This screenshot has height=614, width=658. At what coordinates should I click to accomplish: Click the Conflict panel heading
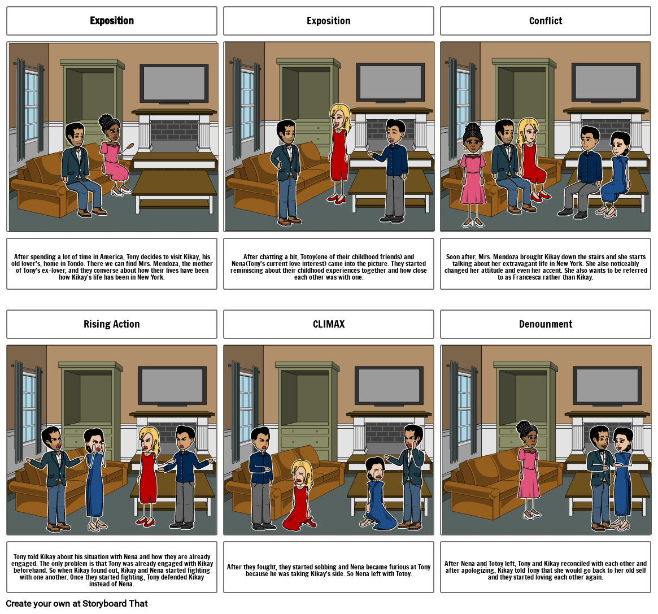pos(545,20)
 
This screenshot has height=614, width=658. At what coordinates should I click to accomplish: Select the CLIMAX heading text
pos(329,324)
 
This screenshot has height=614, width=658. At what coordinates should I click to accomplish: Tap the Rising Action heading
pos(112,324)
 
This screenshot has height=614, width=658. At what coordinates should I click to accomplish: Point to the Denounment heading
pos(546,324)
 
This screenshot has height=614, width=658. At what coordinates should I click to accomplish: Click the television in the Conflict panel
pos(606,82)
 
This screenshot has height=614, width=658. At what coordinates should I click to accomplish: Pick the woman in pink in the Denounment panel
pos(529,469)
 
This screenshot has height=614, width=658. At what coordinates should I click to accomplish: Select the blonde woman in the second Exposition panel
pos(339,154)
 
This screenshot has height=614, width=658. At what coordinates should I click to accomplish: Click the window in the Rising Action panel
pos(30,407)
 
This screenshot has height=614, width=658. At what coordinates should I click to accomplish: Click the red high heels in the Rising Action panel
pos(145,521)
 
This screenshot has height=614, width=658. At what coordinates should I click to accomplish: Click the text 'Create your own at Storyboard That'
pos(77,603)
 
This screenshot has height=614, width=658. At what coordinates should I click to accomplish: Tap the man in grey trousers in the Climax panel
pos(262,478)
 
